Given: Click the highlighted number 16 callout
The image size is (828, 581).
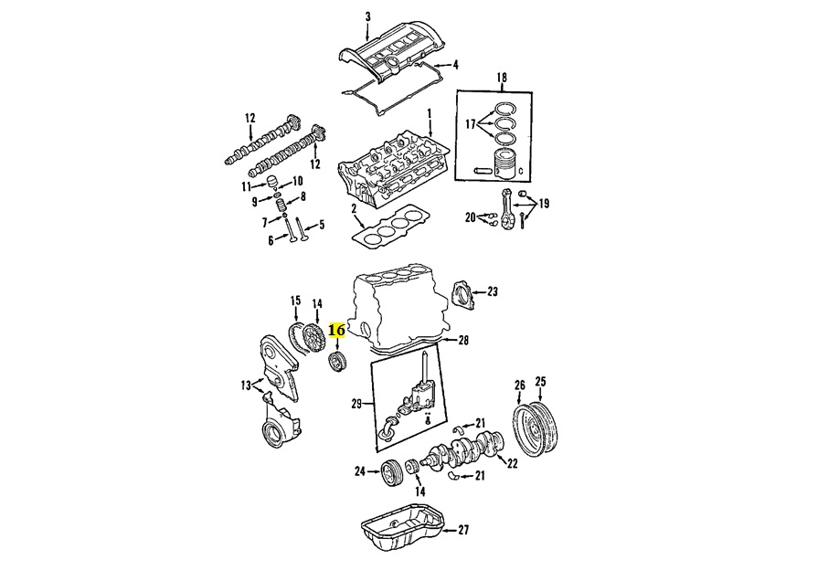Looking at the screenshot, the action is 336,331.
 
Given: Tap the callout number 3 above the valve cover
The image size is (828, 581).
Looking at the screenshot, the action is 368,17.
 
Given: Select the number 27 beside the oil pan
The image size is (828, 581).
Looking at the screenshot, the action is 463,530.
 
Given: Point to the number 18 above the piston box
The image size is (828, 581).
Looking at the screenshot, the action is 502,78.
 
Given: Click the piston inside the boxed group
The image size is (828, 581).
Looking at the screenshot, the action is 507,164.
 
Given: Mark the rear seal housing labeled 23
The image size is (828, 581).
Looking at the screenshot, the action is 462,295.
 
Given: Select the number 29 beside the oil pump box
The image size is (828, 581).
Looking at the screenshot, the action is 357,404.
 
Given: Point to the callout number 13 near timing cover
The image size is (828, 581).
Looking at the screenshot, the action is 246,386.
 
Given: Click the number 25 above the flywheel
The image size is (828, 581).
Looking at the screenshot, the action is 540,382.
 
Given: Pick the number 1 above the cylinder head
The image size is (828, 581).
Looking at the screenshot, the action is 430,113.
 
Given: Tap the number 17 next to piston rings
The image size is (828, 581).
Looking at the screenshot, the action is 470,124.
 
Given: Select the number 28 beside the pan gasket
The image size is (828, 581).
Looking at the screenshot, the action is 463,341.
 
